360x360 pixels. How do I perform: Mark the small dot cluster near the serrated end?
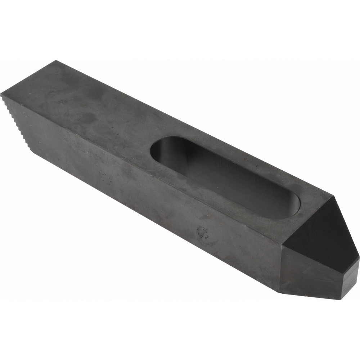pos(105,176)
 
